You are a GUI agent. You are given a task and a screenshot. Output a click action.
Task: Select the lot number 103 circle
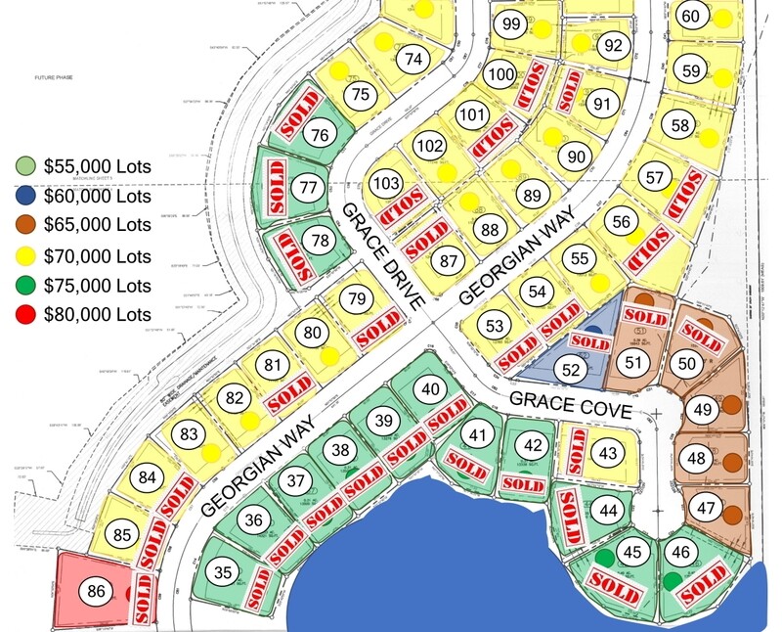point(387,183)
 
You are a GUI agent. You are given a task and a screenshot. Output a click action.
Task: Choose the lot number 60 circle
point(691,17)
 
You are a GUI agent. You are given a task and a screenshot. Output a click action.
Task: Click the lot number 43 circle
point(608,454)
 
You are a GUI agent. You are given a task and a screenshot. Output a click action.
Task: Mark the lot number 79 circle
point(357,297)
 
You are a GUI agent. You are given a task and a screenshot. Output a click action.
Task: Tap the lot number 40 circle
point(431,387)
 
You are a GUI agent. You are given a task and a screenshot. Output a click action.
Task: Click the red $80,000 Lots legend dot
point(26,314)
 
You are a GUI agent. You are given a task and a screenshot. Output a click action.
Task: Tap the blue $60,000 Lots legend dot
point(26,196)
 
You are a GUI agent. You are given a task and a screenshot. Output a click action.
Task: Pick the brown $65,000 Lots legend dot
point(26,225)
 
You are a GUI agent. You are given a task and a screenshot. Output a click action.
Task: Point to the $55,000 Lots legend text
point(97,166)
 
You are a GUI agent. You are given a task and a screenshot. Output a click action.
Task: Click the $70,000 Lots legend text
point(97,255)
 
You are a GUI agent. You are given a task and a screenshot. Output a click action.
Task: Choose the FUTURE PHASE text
point(57,76)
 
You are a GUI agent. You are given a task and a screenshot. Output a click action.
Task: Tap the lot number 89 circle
point(532,196)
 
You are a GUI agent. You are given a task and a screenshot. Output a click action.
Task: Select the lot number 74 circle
point(414,58)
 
